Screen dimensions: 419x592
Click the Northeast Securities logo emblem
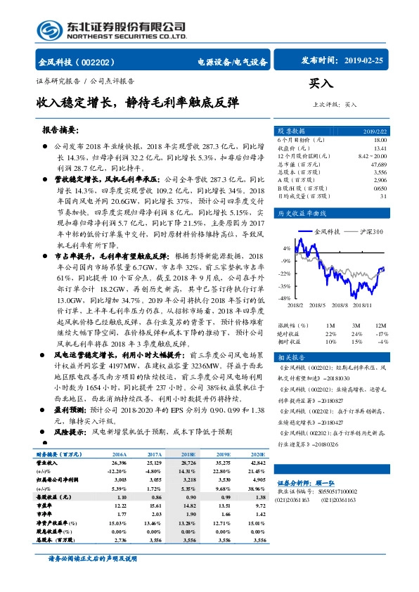tap(49, 29)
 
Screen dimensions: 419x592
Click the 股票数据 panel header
tap(290, 131)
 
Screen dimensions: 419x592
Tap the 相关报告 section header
tap(290, 357)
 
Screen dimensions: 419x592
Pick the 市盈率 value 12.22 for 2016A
tap(118, 505)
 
